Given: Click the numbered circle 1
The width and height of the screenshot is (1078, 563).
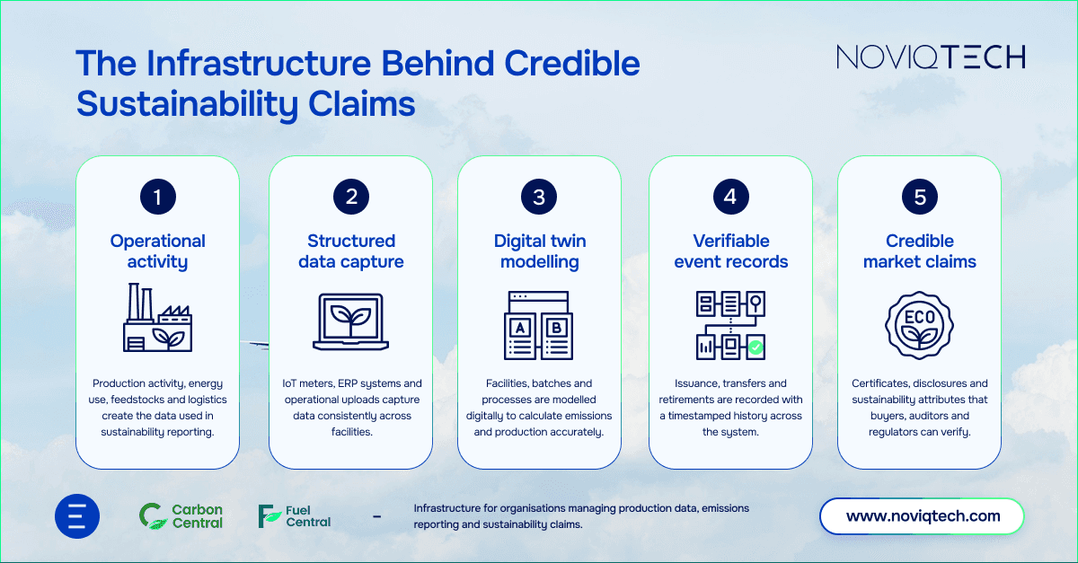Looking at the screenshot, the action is pos(158,198).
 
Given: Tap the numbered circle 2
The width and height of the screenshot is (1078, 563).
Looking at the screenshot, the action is pos(351,198).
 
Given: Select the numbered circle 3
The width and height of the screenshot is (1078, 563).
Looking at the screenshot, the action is pos(539,198).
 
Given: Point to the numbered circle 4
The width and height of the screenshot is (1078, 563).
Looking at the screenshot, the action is pos(730,198).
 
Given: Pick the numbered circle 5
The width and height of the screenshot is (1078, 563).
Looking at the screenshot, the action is pos(920,198).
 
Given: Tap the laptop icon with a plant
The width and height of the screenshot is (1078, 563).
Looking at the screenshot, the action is pos(351,321).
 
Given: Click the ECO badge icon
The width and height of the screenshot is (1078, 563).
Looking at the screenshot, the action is pos(920,322).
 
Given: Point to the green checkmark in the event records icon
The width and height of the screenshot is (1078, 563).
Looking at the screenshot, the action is pos(756,347).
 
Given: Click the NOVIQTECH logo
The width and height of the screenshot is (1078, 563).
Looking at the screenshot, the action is pos(931,57).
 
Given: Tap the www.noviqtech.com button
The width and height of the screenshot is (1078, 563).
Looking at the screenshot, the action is pos(923,516).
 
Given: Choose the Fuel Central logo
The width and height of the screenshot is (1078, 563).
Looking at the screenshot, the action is pos(295,516).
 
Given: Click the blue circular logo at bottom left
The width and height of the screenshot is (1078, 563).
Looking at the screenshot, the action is pos(76,516).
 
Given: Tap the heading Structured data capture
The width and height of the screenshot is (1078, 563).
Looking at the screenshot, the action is pos(351,251).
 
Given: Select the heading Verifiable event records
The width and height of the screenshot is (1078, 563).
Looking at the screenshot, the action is pos(730,251).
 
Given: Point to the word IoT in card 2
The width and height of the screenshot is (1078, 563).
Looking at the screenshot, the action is pos(290,383).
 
